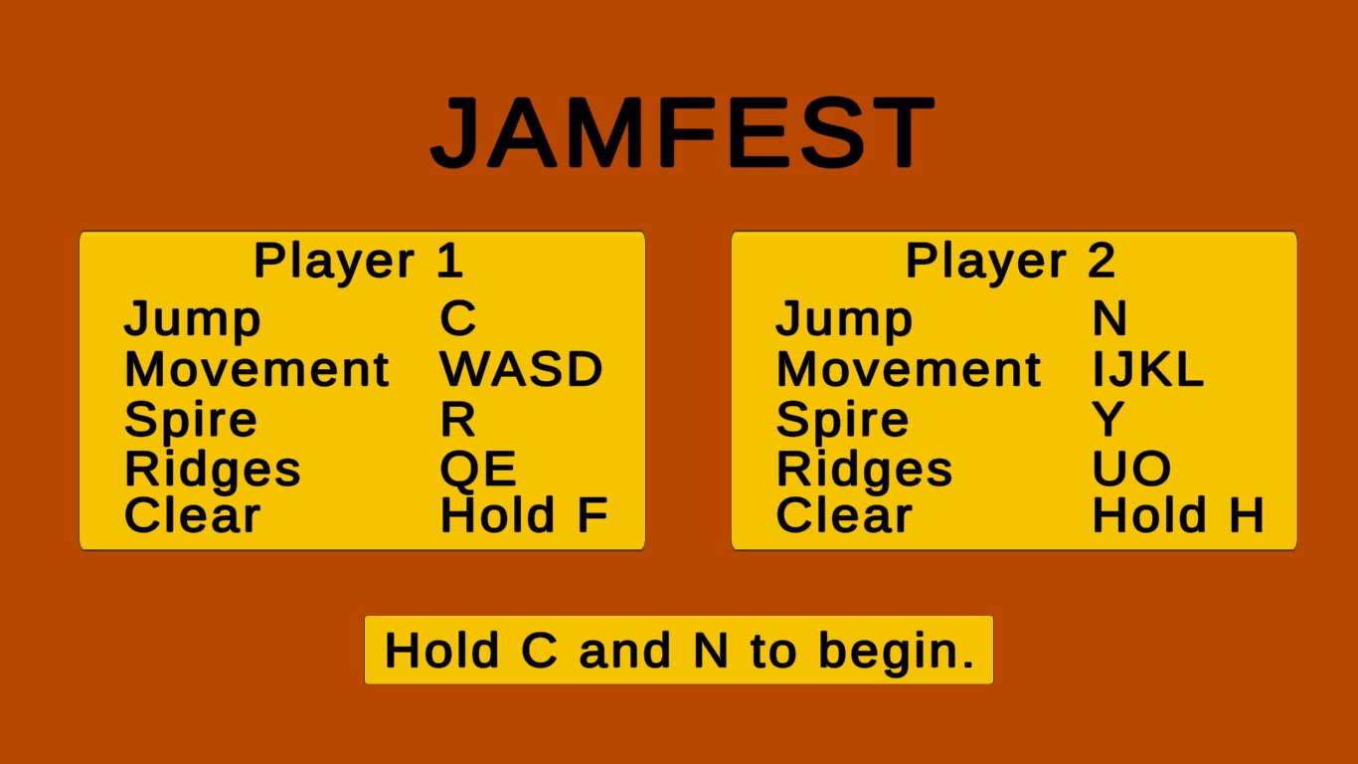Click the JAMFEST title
(x=683, y=131)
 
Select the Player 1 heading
(x=359, y=262)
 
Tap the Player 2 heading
(x=1011, y=262)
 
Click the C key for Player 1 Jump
(x=458, y=317)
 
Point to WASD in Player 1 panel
(x=521, y=368)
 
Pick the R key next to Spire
(x=457, y=419)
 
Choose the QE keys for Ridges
(x=478, y=469)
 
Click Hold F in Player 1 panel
(x=524, y=514)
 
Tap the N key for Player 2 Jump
(x=1109, y=317)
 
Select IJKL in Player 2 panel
(x=1147, y=368)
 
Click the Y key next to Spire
(x=1108, y=419)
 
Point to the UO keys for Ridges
(x=1131, y=469)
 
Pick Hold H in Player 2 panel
(x=1178, y=514)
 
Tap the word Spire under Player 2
(x=843, y=420)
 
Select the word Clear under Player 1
(x=192, y=514)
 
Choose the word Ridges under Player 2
(x=865, y=470)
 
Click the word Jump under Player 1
(x=192, y=319)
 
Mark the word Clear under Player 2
(x=844, y=514)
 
